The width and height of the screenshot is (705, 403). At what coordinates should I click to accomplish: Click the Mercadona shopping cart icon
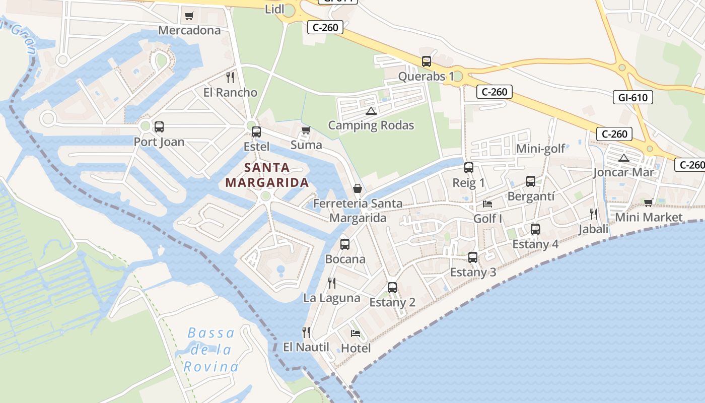point(189,16)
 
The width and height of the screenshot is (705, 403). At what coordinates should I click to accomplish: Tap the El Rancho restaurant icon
point(230,77)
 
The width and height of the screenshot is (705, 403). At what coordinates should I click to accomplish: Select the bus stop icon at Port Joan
point(159,127)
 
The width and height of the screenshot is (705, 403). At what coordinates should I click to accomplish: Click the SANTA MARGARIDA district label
point(267,175)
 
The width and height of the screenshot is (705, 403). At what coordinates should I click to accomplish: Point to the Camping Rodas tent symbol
point(371,111)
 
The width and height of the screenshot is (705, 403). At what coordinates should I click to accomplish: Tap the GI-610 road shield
point(632,97)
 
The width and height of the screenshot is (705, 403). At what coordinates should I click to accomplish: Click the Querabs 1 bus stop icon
point(427,61)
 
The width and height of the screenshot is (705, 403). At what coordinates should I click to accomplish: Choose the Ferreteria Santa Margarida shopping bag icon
point(358,188)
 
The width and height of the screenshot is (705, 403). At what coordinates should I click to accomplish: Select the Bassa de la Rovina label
point(211,350)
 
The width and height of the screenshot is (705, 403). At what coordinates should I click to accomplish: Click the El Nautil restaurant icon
point(306,332)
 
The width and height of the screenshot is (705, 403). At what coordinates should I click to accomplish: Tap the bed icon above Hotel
point(356,333)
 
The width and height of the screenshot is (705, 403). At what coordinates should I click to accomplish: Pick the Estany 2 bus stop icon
point(392,288)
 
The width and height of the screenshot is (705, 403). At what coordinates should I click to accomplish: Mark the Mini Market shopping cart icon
point(648,203)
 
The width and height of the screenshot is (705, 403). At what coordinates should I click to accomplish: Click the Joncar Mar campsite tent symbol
point(624,158)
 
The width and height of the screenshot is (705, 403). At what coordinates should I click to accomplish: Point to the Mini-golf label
point(540,149)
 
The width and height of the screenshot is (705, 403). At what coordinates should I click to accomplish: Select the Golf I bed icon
point(487,204)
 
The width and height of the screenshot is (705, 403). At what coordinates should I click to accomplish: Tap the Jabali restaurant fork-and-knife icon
point(594,214)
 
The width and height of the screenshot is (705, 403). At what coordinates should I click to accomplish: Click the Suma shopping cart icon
point(306,130)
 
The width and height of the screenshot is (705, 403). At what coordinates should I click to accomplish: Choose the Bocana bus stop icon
point(345,244)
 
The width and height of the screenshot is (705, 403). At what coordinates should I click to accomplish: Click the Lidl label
point(274,9)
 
